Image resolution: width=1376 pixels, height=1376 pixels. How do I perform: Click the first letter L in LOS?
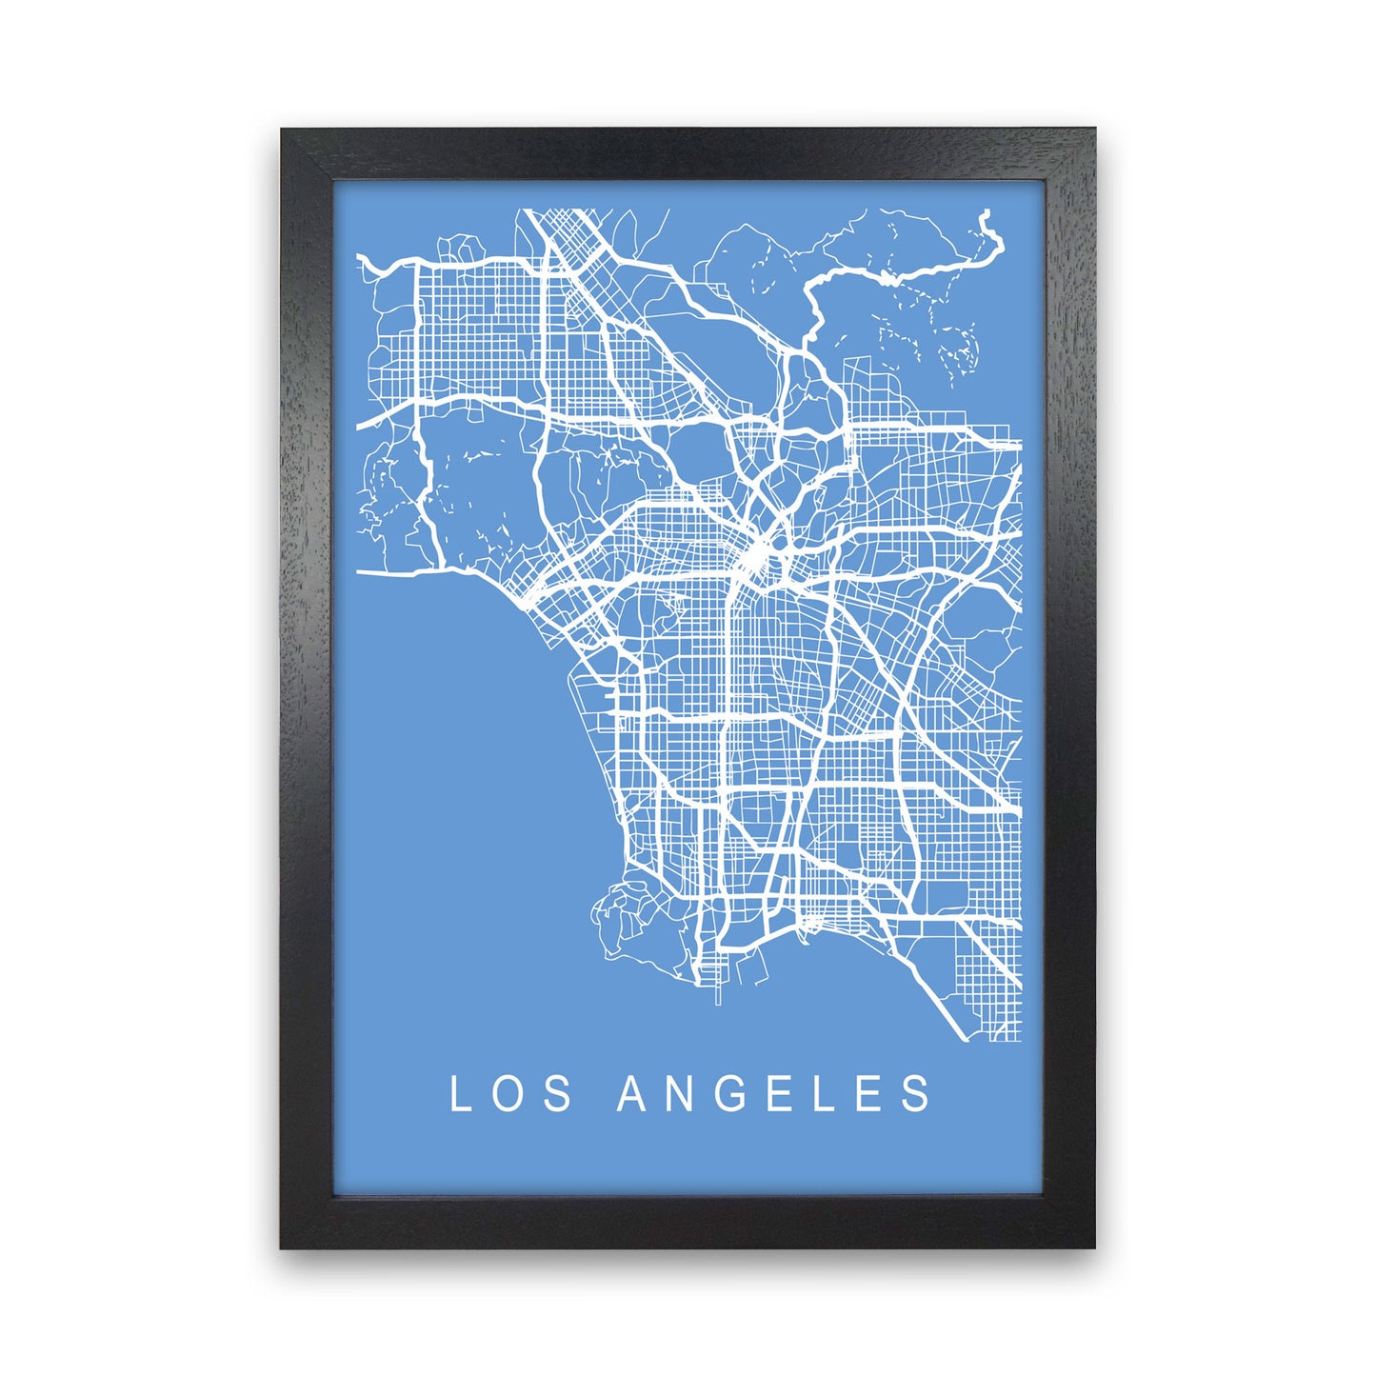click(459, 1094)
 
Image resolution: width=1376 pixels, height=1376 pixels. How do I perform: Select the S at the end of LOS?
click(560, 1094)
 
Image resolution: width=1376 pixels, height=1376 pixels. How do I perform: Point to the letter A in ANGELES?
click(633, 1094)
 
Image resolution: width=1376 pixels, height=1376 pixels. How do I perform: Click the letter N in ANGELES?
click(684, 1094)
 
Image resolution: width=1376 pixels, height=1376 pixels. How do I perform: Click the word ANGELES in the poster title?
click(776, 1094)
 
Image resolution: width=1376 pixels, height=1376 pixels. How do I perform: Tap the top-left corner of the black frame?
click(282, 130)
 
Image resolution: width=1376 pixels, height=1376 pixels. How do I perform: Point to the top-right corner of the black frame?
click(1094, 130)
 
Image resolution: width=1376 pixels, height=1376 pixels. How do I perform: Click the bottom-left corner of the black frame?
click(282, 1246)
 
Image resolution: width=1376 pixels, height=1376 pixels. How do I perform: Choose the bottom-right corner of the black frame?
click(1094, 1246)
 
